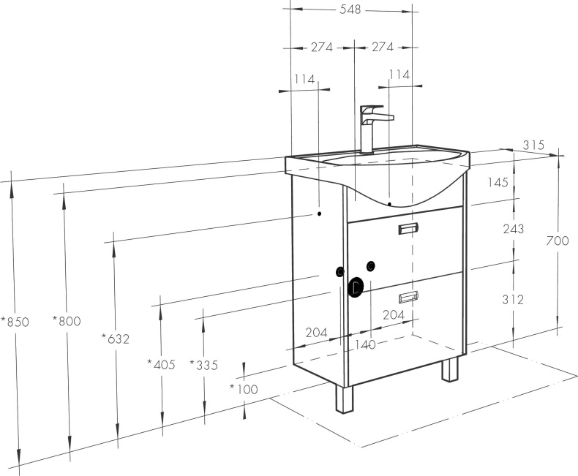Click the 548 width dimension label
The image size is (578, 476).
click(350, 10)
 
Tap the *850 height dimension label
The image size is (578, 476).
click(15, 322)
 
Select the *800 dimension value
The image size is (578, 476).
click(67, 321)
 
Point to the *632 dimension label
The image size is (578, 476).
click(116, 339)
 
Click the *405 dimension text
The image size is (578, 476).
click(162, 364)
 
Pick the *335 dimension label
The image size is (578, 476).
click(204, 365)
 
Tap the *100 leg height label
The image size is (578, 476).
click(244, 389)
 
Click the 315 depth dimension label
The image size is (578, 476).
click(533, 145)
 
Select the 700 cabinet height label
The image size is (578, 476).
click(558, 241)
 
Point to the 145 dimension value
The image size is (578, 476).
click(498, 182)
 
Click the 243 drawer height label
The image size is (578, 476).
click(514, 229)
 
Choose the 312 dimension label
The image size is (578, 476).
click(513, 300)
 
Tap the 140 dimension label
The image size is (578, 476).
click(365, 345)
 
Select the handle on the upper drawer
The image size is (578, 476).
click(408, 229)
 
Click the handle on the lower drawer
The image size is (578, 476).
click(408, 297)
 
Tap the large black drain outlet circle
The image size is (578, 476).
click(356, 287)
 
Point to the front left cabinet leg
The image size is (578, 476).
click(345, 399)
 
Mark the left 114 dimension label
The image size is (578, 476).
click(305, 79)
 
